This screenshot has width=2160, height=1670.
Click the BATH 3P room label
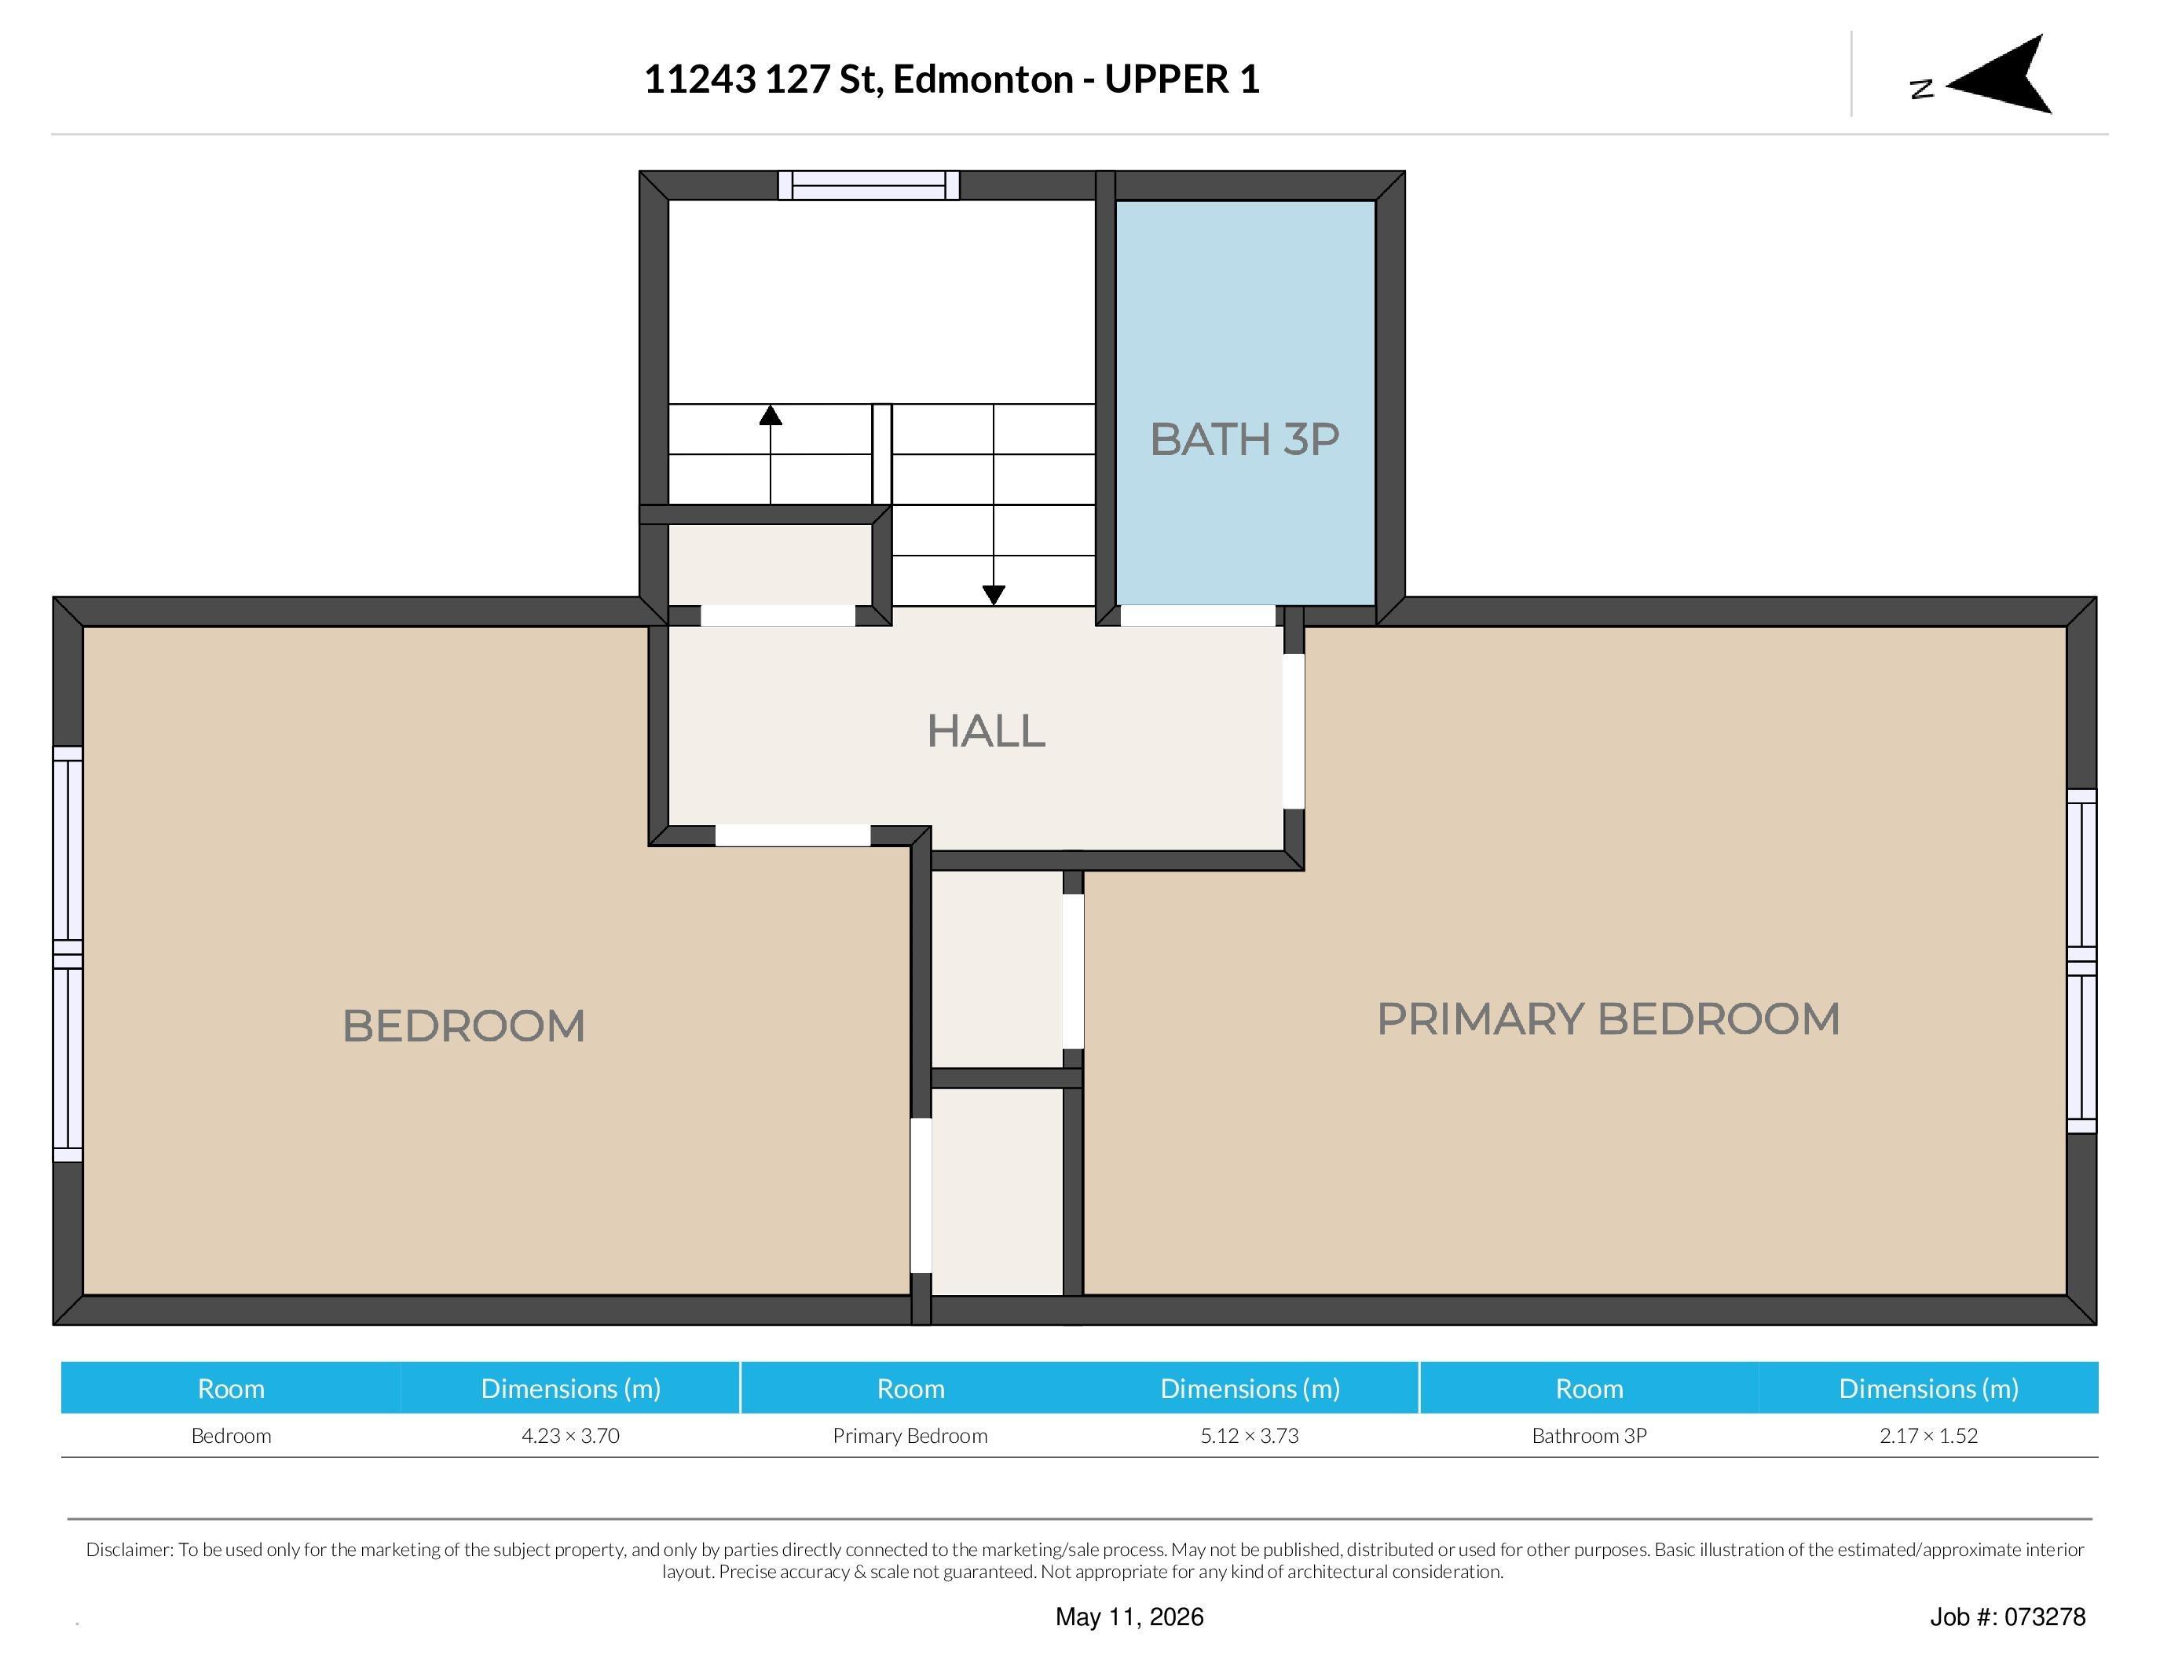click(1244, 439)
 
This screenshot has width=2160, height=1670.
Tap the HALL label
click(986, 731)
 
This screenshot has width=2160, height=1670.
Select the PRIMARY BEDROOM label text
click(1608, 1019)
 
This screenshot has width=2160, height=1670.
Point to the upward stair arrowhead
click(771, 414)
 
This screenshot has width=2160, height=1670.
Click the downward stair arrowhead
click(994, 595)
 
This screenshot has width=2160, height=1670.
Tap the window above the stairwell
click(869, 185)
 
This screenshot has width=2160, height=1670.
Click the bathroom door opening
click(1197, 615)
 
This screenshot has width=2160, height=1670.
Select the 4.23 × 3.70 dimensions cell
click(571, 1436)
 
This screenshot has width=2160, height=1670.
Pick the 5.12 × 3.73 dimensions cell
click(1249, 1436)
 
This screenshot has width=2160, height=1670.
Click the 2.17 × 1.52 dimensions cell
click(1928, 1436)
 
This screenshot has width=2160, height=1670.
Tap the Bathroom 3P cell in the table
click(1589, 1436)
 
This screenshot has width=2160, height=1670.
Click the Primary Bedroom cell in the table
click(910, 1436)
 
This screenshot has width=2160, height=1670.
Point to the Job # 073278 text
click(2008, 1617)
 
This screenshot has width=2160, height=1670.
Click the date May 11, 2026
click(1129, 1617)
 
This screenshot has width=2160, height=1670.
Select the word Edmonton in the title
click(983, 79)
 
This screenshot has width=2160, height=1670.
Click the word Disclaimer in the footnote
click(130, 1549)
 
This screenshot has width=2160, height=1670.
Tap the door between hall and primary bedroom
click(1294, 731)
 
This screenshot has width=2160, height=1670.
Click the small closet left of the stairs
click(771, 564)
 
